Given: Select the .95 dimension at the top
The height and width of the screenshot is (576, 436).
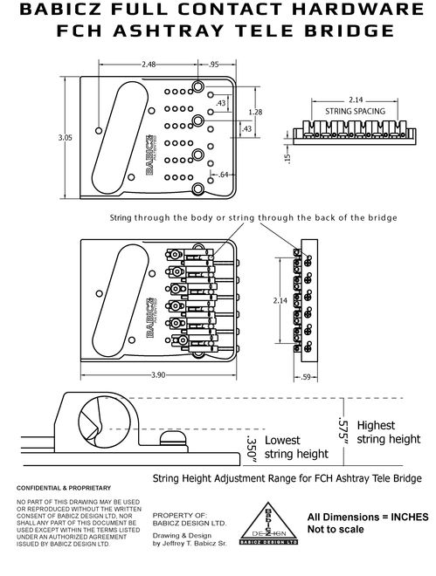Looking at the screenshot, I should pos(214,65).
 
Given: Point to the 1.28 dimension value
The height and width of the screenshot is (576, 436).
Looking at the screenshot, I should pos(255,113).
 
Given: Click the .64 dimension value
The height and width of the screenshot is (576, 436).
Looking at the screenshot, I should pos(224,175).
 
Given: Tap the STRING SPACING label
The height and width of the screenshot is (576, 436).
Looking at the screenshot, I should pos(350,113).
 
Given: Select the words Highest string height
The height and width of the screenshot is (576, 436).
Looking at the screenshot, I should pos(386,432).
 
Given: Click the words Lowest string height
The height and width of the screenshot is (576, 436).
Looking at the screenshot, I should pos(296,447).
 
